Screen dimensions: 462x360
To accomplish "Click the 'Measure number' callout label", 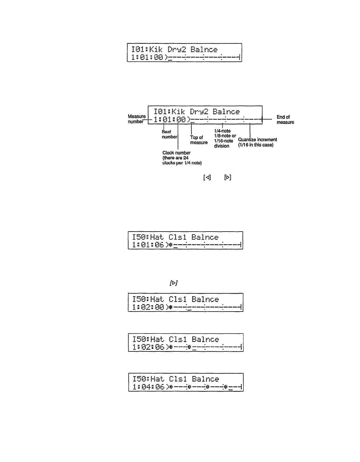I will [x=137, y=119].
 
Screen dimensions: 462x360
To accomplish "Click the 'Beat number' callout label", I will [x=169, y=134].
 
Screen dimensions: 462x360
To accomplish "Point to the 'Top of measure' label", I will [x=199, y=140].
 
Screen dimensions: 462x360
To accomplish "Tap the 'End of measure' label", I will [x=285, y=120].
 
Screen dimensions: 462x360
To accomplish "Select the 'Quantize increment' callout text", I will [x=257, y=142].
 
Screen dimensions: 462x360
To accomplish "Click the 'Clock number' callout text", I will [x=182, y=158].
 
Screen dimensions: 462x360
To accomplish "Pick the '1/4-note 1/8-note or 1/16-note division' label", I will [x=225, y=139].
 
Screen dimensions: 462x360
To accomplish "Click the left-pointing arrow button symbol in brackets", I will [x=207, y=178].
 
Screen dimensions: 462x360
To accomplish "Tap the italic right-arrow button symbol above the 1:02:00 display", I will [x=174, y=283].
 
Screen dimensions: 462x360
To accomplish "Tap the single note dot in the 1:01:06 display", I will [x=170, y=245].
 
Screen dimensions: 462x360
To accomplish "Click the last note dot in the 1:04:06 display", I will [x=226, y=387].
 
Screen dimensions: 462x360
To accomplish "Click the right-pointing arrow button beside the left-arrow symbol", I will [x=228, y=178].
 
